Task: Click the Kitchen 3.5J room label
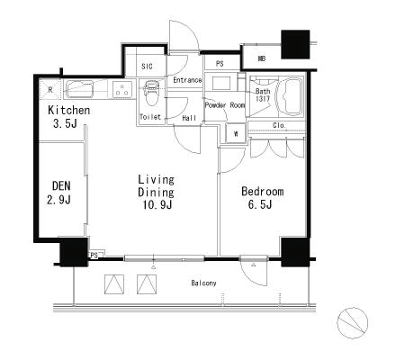(x=68, y=117)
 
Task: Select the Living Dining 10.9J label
(x=157, y=192)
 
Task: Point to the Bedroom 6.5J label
(x=262, y=198)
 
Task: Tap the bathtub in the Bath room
(x=290, y=97)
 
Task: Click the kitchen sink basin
(x=79, y=89)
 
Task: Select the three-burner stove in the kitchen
(x=122, y=89)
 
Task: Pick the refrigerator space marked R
(x=50, y=89)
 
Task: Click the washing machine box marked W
(x=236, y=133)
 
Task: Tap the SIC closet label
(x=147, y=67)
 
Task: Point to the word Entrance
(x=187, y=80)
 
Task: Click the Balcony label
(x=203, y=283)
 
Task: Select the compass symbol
(x=352, y=323)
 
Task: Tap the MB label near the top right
(x=262, y=58)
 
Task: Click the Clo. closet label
(x=279, y=125)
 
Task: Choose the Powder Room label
(x=225, y=105)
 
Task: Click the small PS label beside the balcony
(x=94, y=256)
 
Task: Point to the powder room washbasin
(x=221, y=83)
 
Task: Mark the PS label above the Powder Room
(x=220, y=64)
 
